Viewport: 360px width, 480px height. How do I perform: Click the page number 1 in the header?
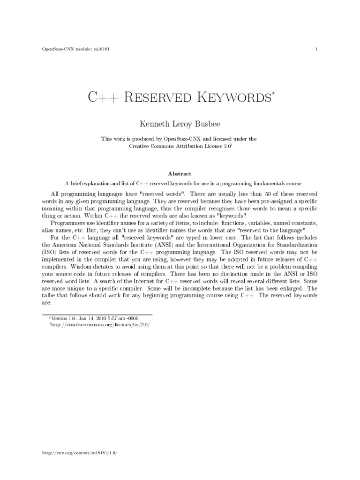(x=317, y=49)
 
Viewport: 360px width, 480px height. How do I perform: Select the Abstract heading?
(x=180, y=173)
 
